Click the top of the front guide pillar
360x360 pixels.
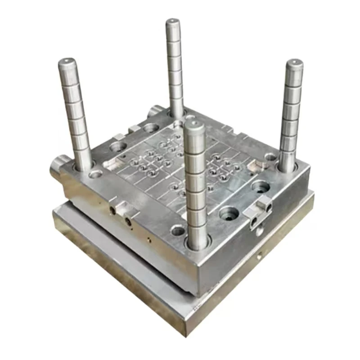pyautogui.click(x=194, y=123)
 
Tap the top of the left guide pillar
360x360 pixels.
pyautogui.click(x=67, y=62)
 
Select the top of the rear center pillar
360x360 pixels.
pyautogui.click(x=172, y=22)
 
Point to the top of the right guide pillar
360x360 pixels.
pyautogui.click(x=295, y=63)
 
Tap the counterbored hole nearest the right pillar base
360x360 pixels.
pyautogui.click(x=261, y=185)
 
